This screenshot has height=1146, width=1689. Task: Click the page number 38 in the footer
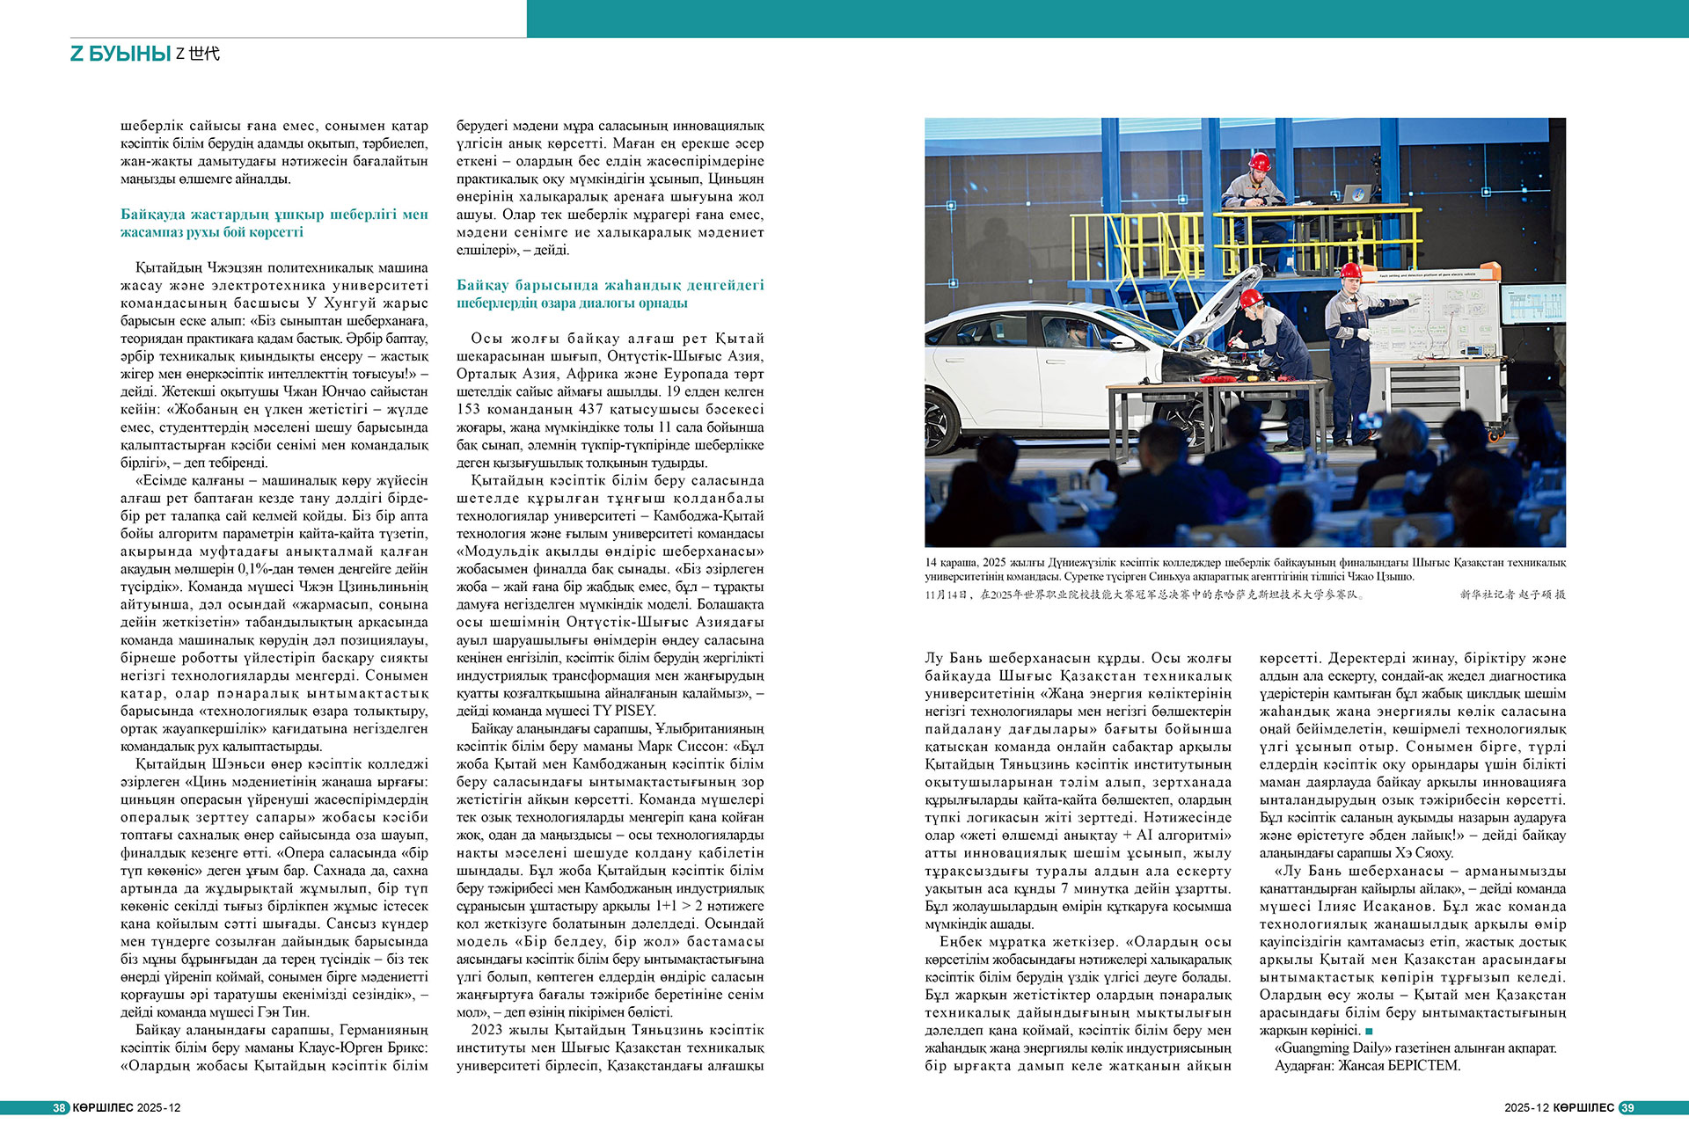click(59, 1108)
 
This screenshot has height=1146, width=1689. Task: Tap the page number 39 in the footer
click(1627, 1108)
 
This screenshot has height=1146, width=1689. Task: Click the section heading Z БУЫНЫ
click(121, 54)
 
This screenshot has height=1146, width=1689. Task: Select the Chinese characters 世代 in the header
click(204, 54)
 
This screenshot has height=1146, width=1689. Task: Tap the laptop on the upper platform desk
click(1356, 193)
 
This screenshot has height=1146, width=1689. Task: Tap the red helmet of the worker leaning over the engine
click(1250, 298)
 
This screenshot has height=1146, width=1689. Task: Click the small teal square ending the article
click(1369, 1031)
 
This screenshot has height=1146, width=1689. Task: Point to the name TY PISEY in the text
click(624, 711)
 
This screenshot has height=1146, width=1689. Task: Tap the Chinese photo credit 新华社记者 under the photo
click(1494, 595)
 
